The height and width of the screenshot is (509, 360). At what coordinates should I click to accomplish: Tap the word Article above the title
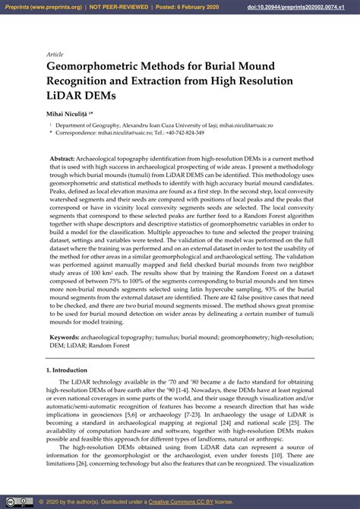[55, 55]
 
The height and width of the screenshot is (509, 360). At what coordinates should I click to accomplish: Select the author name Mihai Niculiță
[71, 111]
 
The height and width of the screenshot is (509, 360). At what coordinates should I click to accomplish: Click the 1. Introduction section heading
[68, 370]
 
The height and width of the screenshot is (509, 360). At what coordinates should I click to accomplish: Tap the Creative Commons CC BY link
[202, 502]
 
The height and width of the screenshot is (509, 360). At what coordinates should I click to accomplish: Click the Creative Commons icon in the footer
[24, 502]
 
